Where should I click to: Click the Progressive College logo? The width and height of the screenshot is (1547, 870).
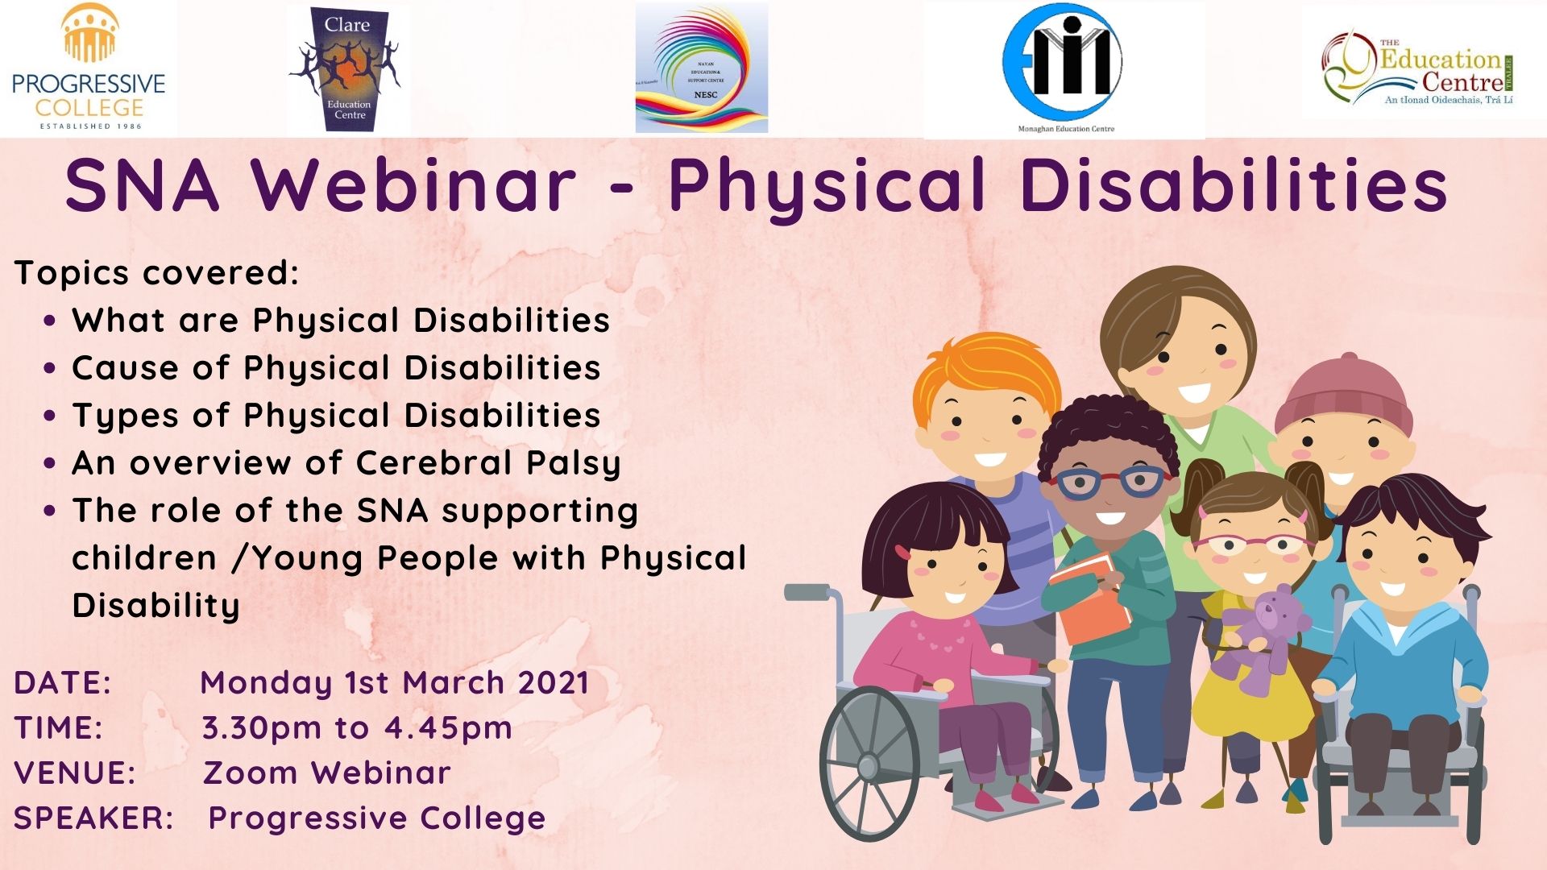pos(89,68)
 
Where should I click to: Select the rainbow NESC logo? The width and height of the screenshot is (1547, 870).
pos(702,68)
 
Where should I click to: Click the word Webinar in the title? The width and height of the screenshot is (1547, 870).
pos(414,186)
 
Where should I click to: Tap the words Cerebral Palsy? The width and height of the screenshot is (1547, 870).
pos(488,463)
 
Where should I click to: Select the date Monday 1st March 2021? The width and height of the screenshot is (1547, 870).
pos(394,682)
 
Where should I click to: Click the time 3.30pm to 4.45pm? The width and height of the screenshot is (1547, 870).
pos(356,727)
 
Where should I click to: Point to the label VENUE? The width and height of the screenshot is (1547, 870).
pos(75,773)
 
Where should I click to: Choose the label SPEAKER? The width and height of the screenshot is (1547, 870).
pos(93,818)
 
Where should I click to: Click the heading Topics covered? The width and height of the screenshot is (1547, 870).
pos(156,272)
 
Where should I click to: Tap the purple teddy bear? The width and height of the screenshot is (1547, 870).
pos(1262,636)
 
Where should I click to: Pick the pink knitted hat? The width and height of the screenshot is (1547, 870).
pos(1343,395)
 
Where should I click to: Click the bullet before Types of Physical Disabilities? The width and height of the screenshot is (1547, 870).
pos(50,416)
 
